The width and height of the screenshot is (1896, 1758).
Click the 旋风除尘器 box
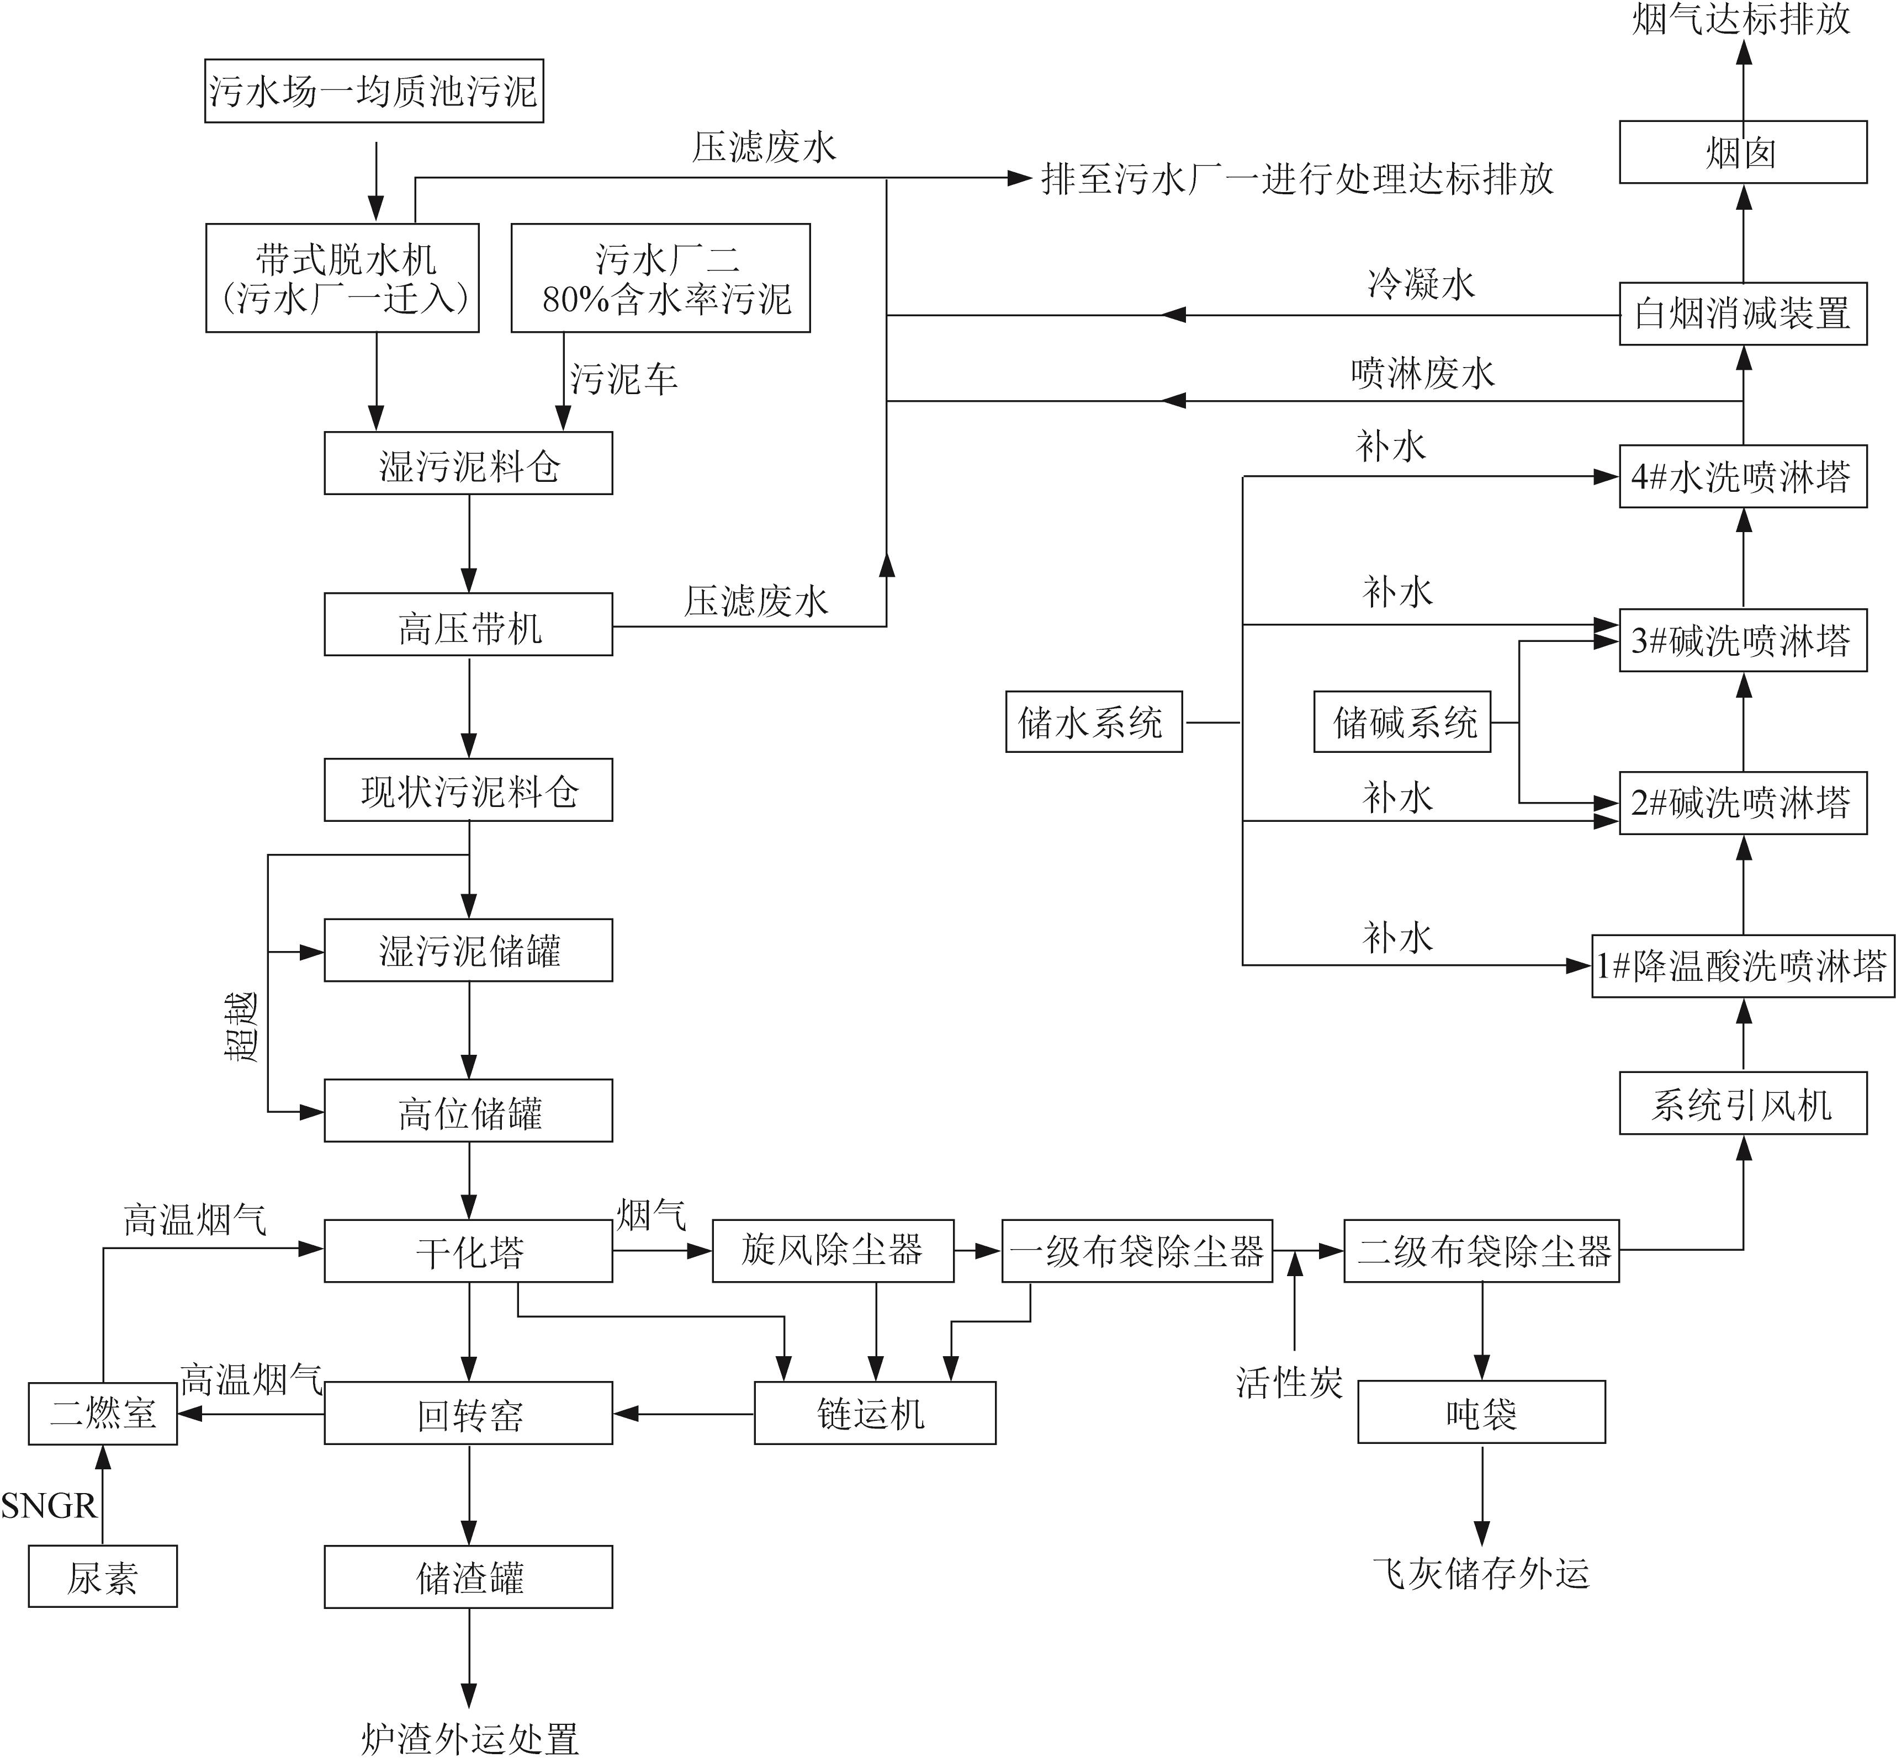[833, 1251]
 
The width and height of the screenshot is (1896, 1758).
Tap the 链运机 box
[874, 1414]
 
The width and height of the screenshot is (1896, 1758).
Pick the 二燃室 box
[103, 1414]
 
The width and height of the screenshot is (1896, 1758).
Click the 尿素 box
[103, 1578]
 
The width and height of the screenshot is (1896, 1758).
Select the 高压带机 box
[468, 625]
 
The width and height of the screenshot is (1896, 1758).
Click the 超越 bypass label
[242, 1027]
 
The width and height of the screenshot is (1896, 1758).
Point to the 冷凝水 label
[1421, 284]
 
